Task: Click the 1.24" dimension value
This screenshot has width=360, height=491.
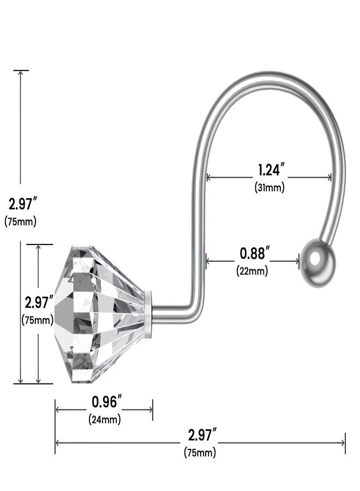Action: pyautogui.click(x=271, y=170)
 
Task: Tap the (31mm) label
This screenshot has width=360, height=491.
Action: pyautogui.click(x=269, y=187)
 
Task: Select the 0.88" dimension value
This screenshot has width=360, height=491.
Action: pyautogui.click(x=255, y=253)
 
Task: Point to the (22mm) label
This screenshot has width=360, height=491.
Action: pyautogui.click(x=252, y=271)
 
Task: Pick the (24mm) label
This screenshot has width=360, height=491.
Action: pyautogui.click(x=105, y=419)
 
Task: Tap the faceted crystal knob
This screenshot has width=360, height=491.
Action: pyautogui.click(x=100, y=314)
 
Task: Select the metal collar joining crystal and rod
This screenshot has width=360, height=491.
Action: pyautogui.click(x=148, y=314)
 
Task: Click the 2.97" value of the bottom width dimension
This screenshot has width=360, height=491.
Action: pyautogui.click(x=202, y=435)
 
